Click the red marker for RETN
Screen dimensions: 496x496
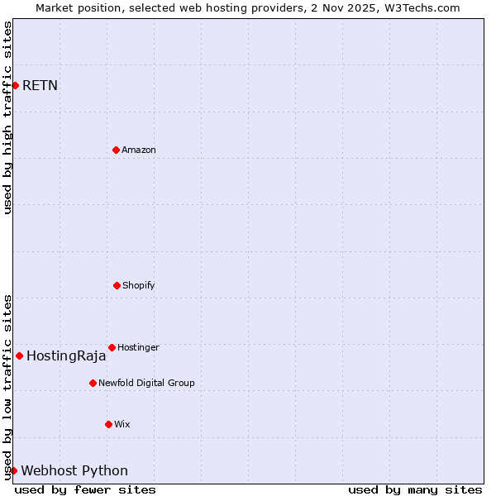pos(15,85)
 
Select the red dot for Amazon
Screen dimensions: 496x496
pos(116,150)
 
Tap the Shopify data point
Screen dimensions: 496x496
pos(117,285)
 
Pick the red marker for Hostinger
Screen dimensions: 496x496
pos(112,347)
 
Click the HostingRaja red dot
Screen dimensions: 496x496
pos(19,355)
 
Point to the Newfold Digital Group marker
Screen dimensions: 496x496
pos(93,383)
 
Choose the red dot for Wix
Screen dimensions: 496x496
pos(108,424)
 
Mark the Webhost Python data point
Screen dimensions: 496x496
pos(13,470)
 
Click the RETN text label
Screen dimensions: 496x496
pos(40,85)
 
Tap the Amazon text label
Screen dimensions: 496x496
pos(139,150)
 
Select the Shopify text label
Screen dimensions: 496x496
pos(139,285)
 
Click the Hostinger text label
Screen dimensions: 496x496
pos(138,347)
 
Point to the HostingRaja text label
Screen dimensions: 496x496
pos(66,356)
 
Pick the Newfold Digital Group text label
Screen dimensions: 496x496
pos(146,383)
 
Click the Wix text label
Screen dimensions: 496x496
pos(122,424)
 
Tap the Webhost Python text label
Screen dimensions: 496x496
pos(74,471)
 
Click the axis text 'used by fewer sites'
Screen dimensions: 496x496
pos(85,489)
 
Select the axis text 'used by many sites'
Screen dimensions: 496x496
pos(415,489)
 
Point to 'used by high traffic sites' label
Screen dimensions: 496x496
pos(7,117)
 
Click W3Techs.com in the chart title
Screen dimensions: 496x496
pos(419,7)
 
